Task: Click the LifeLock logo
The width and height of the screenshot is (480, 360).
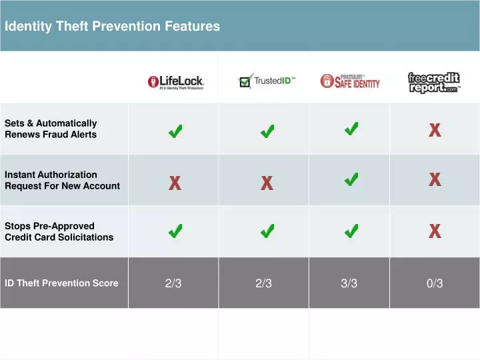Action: tap(176, 83)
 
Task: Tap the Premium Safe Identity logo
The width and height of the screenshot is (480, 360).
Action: tap(350, 81)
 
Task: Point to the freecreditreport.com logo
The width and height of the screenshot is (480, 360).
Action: tap(434, 83)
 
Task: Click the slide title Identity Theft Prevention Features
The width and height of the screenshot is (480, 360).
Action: tap(112, 27)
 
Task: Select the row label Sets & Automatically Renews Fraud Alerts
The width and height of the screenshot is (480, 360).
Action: tap(51, 129)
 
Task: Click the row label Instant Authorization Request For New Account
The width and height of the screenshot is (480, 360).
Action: tap(62, 180)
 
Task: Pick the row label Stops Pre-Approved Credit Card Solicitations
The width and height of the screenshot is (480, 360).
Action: tap(59, 231)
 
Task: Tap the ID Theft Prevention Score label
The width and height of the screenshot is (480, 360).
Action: tap(61, 283)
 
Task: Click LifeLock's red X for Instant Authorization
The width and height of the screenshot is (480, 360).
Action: tap(175, 183)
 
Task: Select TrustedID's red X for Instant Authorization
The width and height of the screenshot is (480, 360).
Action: tap(267, 183)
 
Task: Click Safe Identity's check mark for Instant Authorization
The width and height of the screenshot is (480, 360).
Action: tap(351, 179)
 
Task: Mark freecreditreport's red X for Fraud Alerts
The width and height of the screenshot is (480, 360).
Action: tap(435, 130)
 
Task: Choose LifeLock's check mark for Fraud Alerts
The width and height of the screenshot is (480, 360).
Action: tap(176, 133)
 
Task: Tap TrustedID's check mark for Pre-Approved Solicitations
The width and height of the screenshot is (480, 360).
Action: tap(267, 231)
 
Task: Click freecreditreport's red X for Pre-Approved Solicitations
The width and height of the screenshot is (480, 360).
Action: tap(435, 231)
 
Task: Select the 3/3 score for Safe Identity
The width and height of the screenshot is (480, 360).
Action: tap(349, 283)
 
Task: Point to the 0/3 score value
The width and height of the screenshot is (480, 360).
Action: tap(435, 283)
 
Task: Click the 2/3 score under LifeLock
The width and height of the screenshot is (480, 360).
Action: tap(173, 283)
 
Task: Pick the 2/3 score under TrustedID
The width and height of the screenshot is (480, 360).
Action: tap(263, 283)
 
